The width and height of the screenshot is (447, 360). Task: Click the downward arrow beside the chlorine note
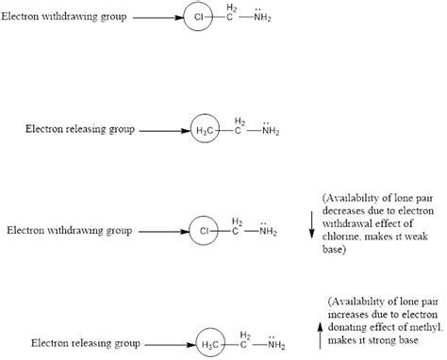(x=312, y=225)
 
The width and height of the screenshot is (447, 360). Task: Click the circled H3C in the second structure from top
(x=203, y=127)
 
